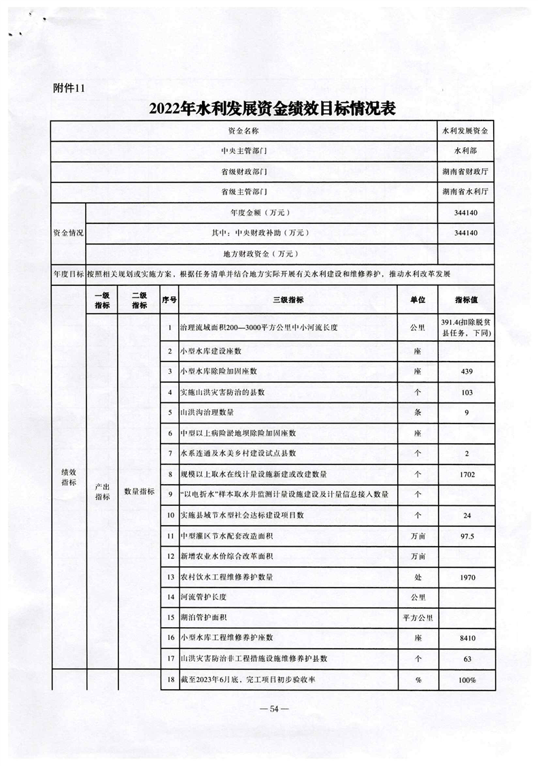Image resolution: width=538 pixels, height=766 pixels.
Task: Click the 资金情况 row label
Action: (69, 233)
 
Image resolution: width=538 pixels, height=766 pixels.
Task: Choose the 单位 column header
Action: (417, 300)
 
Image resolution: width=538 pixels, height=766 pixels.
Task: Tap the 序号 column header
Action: (169, 300)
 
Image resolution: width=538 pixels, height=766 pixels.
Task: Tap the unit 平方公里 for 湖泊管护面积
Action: (417, 618)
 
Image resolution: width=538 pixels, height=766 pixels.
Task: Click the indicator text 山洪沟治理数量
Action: (206, 413)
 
